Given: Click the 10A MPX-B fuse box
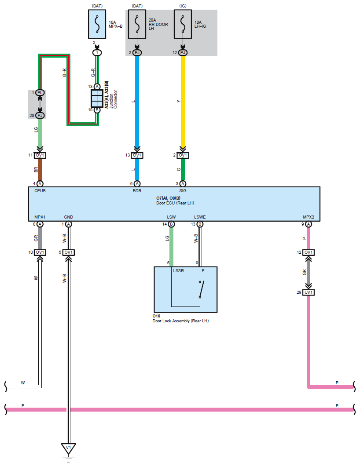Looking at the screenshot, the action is [97, 24].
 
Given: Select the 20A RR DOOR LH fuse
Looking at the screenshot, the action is [137, 24].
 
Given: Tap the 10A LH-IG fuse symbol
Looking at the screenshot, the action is [183, 24].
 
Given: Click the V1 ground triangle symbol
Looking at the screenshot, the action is [69, 449].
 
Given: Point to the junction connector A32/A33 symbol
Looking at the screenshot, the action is [97, 99].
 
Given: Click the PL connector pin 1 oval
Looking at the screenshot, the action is [40, 93].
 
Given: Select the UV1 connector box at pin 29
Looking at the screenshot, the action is [309, 292].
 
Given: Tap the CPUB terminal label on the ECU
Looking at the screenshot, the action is [40, 190].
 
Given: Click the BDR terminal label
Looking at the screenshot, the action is [137, 190].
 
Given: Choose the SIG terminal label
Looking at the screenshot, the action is [183, 190].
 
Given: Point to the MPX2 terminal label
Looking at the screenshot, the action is [309, 217].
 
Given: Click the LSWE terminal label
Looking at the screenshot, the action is [200, 217].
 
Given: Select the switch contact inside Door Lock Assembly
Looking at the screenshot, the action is [202, 289].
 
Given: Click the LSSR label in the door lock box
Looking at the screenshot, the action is [179, 271].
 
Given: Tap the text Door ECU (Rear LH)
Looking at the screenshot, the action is [175, 203].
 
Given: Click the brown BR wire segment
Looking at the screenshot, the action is [40, 170].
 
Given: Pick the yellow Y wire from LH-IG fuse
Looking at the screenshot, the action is [183, 101].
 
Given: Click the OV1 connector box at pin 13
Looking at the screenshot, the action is [137, 155].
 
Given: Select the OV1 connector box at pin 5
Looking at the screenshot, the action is [69, 252].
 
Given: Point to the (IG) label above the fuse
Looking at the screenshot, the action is [183, 6].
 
